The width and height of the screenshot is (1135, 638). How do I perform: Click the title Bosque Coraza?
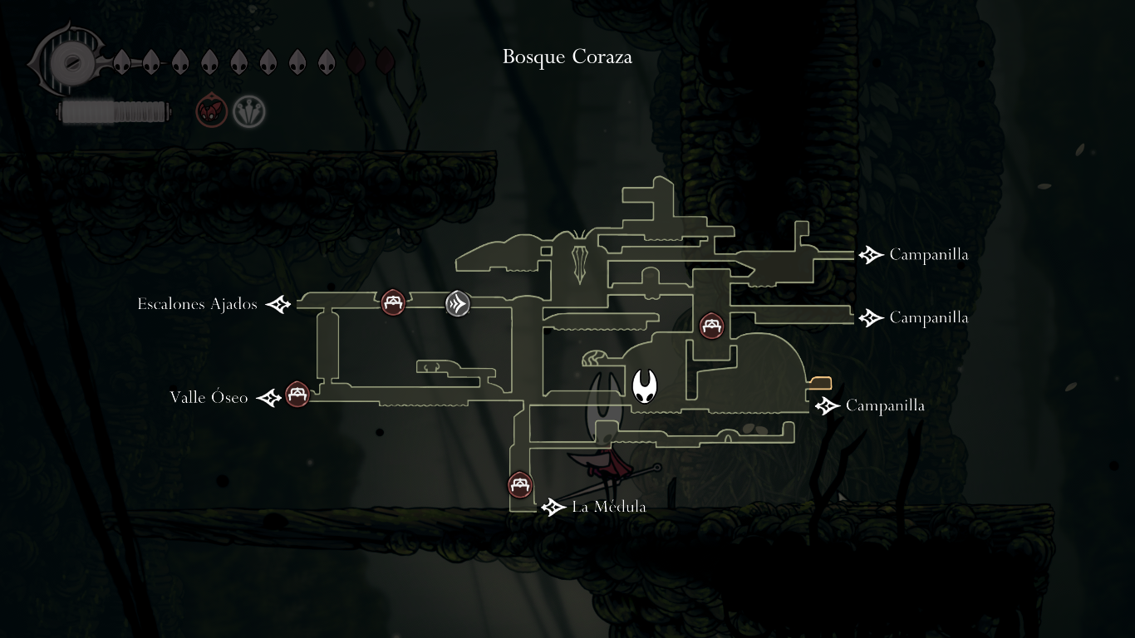click(x=567, y=57)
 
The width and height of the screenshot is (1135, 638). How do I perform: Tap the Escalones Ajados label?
click(x=197, y=304)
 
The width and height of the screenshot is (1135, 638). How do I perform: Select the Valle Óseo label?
click(x=209, y=398)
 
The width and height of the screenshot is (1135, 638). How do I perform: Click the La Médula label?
click(x=608, y=507)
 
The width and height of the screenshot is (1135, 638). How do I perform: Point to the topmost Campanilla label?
click(x=928, y=255)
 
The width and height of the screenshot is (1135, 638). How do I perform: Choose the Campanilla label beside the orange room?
click(x=885, y=406)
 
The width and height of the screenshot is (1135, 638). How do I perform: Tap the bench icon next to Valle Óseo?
click(x=297, y=395)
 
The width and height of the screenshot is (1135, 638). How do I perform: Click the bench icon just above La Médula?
click(x=520, y=485)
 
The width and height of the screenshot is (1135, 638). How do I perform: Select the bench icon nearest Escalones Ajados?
click(x=393, y=302)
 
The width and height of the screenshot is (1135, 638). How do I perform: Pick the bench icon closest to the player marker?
click(x=711, y=326)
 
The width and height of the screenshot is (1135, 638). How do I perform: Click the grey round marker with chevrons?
click(x=458, y=303)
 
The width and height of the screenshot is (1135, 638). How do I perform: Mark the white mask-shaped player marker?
click(x=645, y=386)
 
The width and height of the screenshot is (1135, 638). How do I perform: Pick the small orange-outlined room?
click(x=820, y=383)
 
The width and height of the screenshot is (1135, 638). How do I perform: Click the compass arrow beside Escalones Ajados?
click(x=278, y=305)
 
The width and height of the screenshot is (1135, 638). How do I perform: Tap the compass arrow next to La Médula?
click(x=553, y=507)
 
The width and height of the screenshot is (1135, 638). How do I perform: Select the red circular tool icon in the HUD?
click(x=211, y=111)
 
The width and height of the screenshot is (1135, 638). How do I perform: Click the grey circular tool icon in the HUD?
click(x=248, y=111)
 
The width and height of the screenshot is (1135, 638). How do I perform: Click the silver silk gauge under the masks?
click(x=115, y=112)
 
